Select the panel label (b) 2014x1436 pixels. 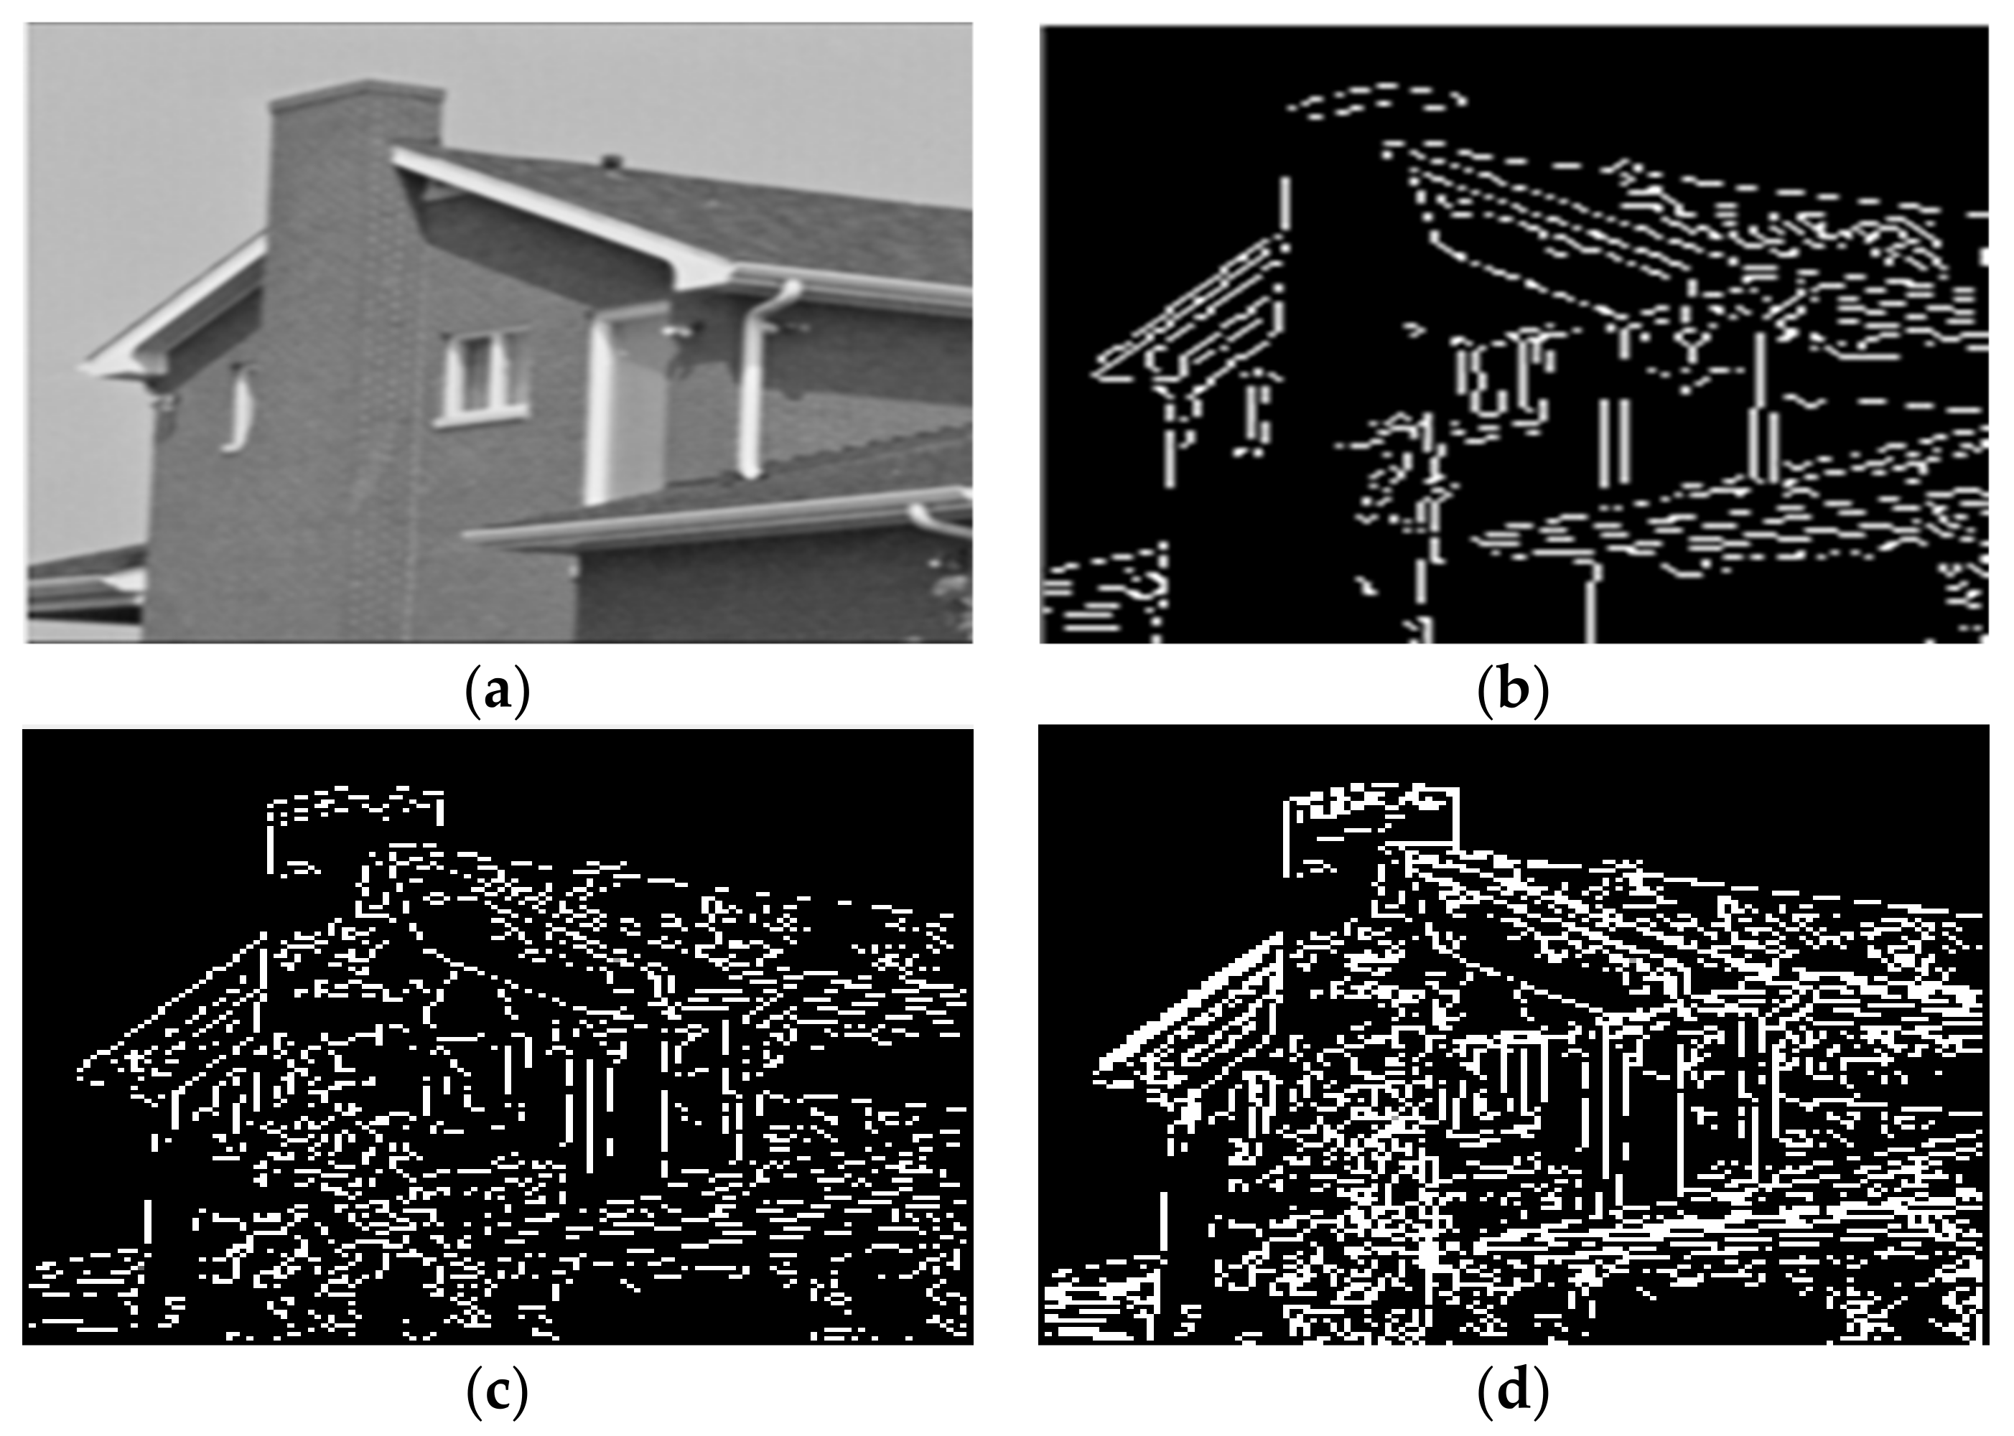[x=1514, y=690]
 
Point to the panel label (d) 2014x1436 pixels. [x=1514, y=1393]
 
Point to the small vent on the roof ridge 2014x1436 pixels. [x=611, y=161]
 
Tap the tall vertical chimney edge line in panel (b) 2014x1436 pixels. [x=1285, y=200]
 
